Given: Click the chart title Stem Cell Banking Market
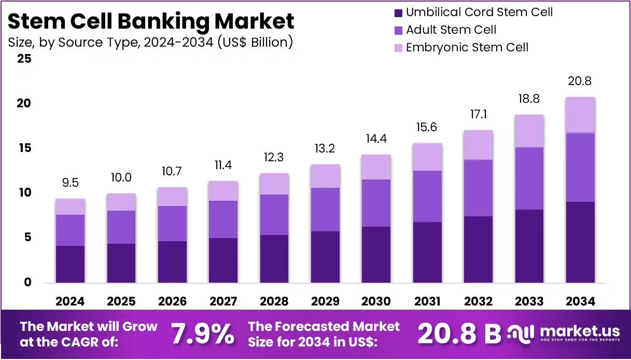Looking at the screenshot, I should (151, 21).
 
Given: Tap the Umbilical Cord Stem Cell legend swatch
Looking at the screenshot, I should (398, 12).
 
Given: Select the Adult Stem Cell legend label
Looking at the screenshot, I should (451, 30).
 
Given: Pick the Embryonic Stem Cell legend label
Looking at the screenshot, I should (467, 47).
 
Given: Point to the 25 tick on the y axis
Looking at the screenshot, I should (24, 59).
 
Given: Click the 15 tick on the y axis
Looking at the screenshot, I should (24, 148).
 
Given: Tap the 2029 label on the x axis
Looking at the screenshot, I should (325, 301).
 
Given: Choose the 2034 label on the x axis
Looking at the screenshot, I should (580, 301).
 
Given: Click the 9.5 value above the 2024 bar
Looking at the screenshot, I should (70, 183).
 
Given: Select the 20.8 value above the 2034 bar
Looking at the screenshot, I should (580, 81).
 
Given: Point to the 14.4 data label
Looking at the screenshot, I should (376, 139).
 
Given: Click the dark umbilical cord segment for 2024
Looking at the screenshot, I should (70, 264).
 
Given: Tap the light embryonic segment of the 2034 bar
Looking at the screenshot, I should (580, 115).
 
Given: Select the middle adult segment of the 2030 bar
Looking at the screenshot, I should (376, 203).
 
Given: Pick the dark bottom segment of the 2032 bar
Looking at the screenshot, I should (478, 249).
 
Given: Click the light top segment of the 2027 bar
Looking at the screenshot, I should (223, 191).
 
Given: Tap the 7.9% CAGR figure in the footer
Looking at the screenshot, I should (202, 334).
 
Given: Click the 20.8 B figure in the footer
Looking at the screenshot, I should (459, 334).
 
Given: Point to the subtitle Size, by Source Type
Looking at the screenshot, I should (151, 42).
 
